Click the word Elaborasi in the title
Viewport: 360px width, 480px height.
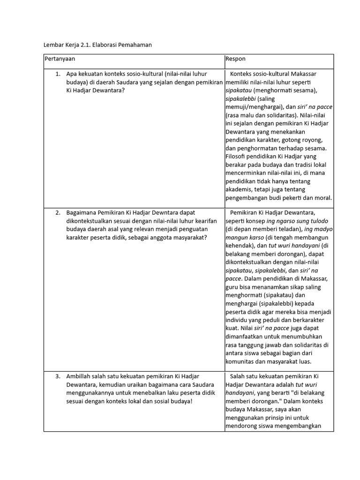(105, 45)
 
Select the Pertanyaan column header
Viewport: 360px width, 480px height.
(60, 59)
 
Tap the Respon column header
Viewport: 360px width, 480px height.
(235, 59)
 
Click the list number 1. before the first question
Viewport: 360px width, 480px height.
(58, 74)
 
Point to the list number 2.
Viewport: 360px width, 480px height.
(58, 213)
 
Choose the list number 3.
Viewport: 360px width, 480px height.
(58, 376)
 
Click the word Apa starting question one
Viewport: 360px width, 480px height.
(72, 74)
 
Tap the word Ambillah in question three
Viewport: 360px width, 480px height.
(78, 376)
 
